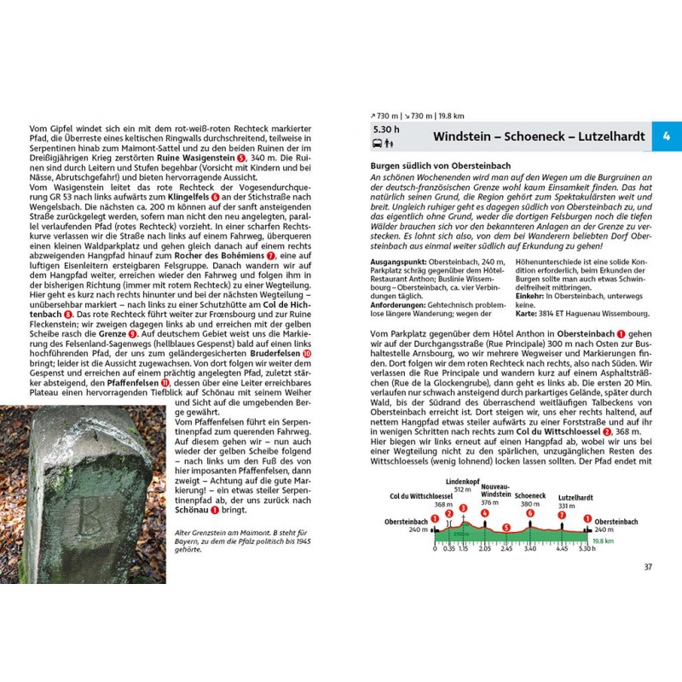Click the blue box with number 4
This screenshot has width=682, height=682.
click(667, 136)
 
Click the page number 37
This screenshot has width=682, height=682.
click(648, 568)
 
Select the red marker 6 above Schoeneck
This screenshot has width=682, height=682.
click(529, 513)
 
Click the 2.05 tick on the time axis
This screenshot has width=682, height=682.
click(485, 549)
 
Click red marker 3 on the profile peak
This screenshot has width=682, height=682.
click(463, 508)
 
